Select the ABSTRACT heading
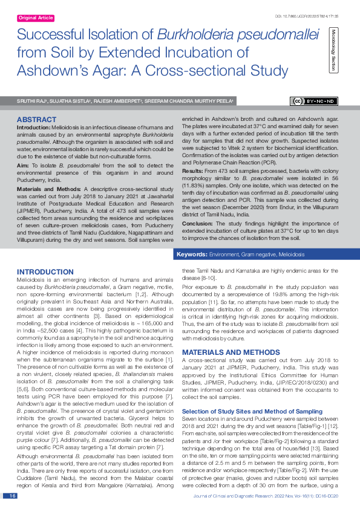(36, 120)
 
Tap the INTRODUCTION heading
(45, 272)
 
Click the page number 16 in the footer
(13, 496)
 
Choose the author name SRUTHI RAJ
(31, 102)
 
